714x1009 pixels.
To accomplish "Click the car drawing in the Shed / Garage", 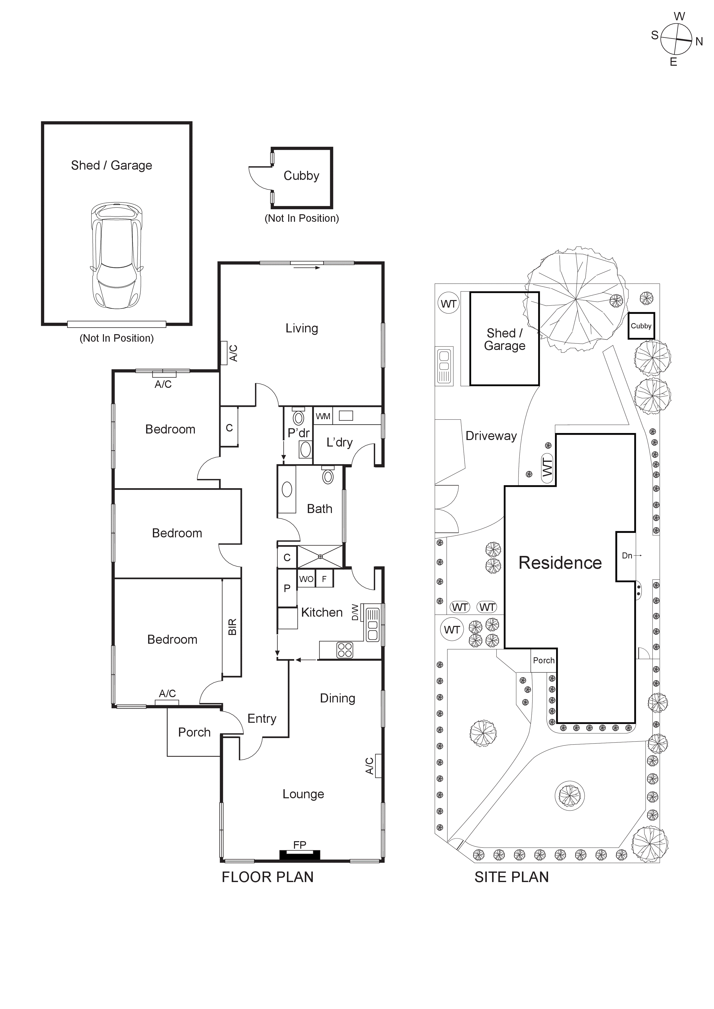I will pos(116,256).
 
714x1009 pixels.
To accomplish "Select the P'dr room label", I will pos(299,433).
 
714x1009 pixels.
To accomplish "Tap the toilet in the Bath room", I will pos(328,475).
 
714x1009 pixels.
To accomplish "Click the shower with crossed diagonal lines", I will pos(320,557).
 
